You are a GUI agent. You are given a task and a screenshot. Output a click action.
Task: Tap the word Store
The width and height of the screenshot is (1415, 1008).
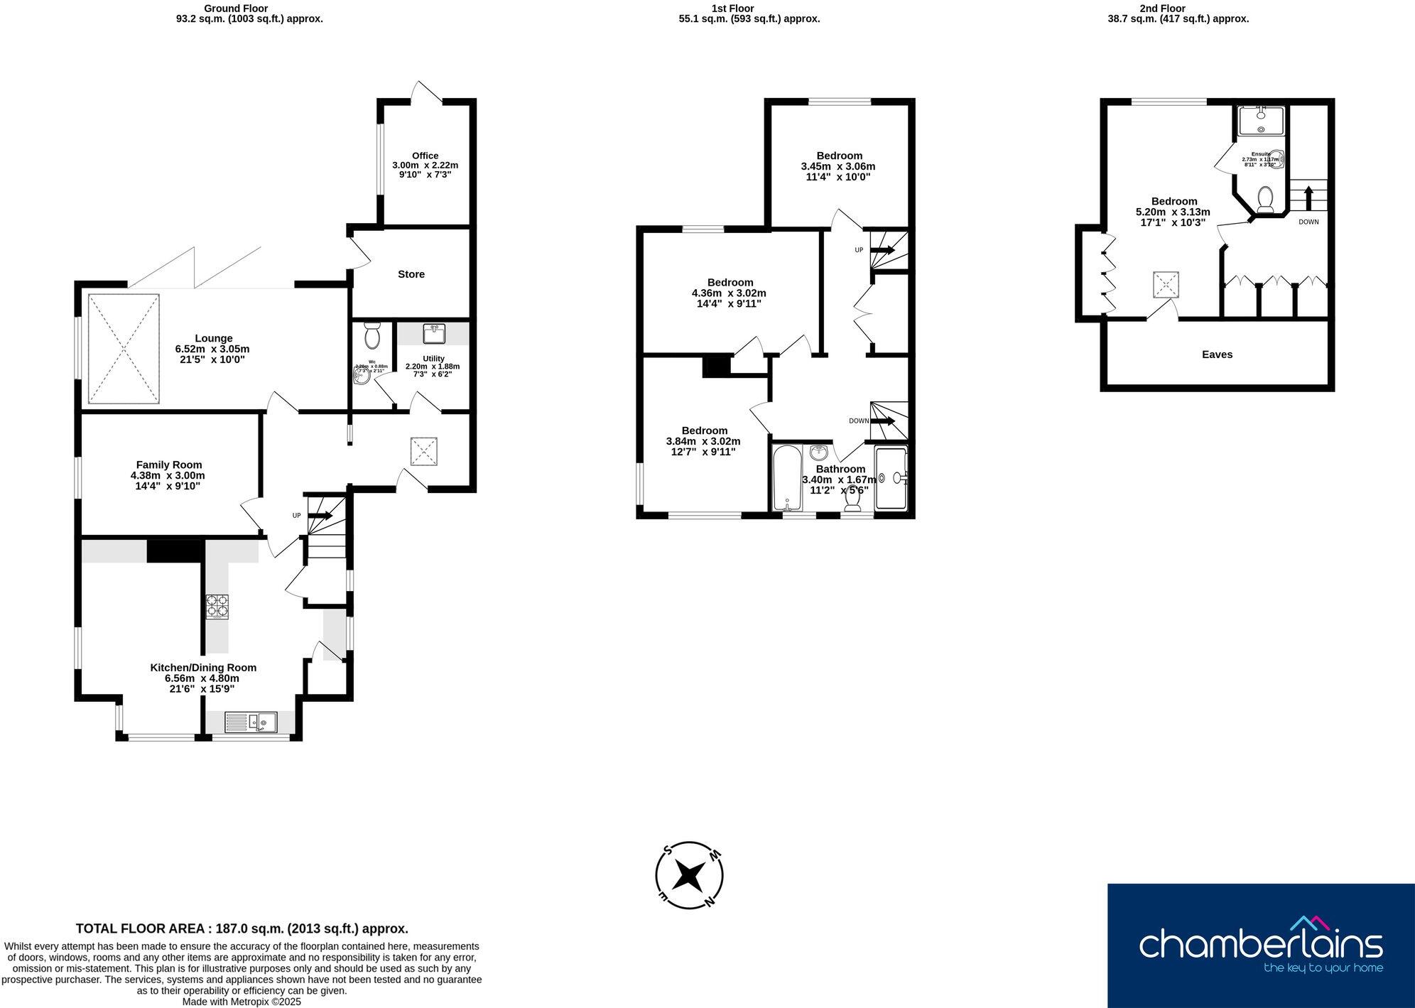(x=411, y=274)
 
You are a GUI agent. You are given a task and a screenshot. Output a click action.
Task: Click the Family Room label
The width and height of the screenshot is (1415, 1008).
(x=169, y=465)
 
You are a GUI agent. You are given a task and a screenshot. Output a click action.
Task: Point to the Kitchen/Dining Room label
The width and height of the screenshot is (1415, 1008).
(x=203, y=668)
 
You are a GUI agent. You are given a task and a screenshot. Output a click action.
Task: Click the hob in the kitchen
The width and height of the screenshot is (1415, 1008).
(x=217, y=607)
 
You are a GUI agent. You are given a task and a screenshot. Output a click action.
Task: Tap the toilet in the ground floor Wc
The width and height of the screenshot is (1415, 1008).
(x=372, y=335)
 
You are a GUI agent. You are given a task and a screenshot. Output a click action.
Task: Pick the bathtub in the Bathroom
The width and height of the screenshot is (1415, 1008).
(x=787, y=478)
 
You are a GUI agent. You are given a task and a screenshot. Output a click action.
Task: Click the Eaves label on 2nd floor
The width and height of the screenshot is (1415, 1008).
(x=1217, y=354)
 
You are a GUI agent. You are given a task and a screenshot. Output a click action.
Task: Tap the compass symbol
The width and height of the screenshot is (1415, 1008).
(x=688, y=875)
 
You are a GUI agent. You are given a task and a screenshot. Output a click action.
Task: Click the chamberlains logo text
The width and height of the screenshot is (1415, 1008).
(x=1260, y=945)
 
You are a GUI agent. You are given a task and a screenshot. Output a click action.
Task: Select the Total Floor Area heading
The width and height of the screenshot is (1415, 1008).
(x=242, y=928)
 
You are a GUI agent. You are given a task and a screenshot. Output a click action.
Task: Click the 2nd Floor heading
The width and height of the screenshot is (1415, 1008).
(x=1178, y=9)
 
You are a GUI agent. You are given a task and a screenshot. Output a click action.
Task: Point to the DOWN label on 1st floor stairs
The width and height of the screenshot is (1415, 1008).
(x=858, y=421)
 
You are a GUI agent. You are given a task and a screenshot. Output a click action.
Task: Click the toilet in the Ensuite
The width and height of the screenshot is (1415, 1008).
(x=1264, y=199)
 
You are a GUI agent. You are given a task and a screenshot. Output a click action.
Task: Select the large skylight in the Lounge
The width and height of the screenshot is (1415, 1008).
(x=124, y=349)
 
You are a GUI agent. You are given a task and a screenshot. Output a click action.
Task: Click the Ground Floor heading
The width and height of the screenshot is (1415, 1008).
(x=236, y=9)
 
